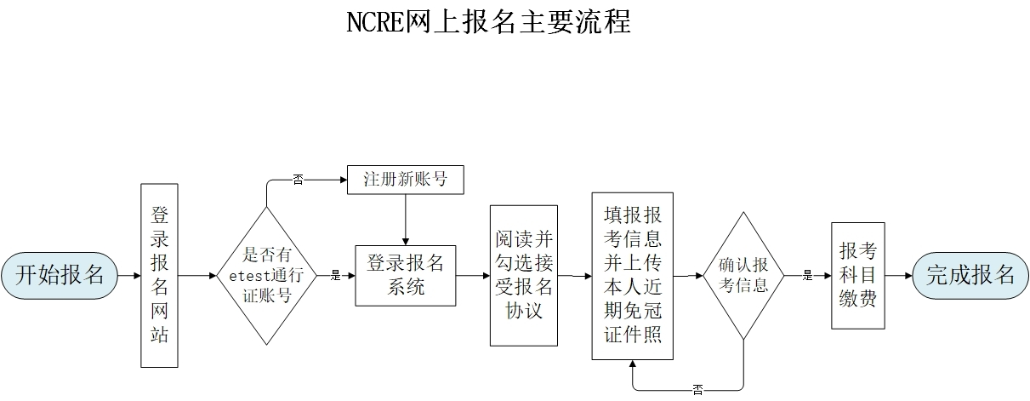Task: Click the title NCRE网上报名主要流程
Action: (489, 20)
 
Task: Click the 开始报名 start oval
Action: (60, 275)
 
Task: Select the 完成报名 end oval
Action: (970, 275)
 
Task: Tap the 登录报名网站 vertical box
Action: (159, 275)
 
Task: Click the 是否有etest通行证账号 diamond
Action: (267, 274)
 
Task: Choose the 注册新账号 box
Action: (405, 180)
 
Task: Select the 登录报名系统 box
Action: (405, 275)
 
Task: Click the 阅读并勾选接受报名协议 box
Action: (524, 275)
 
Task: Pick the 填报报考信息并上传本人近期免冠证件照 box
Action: (632, 275)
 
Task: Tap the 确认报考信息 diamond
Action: (743, 274)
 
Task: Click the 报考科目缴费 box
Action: (857, 275)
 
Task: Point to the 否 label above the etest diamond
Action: (298, 180)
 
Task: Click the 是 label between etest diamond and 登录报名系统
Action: (335, 275)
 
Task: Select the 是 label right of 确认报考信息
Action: (808, 275)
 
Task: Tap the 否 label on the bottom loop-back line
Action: (697, 390)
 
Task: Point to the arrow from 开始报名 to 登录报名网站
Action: (129, 275)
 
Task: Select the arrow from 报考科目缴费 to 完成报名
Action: (898, 275)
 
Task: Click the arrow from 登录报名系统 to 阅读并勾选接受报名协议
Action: (473, 275)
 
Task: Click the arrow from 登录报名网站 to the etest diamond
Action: (197, 275)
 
